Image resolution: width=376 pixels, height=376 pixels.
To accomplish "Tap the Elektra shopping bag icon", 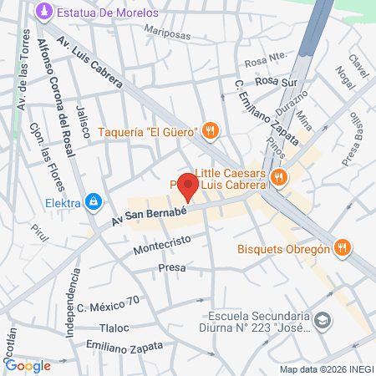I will pyautogui.click(x=94, y=201).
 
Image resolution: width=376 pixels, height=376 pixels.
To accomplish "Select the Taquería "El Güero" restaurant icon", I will pyautogui.click(x=211, y=130).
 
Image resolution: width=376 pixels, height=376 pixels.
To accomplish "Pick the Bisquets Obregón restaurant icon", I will pyautogui.click(x=341, y=247).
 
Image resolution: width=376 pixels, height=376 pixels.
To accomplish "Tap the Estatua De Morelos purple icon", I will pyautogui.click(x=43, y=13).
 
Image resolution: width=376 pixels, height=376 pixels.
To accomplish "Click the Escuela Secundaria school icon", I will pyautogui.click(x=324, y=320).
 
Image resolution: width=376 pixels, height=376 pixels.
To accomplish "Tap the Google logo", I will pyautogui.click(x=28, y=364).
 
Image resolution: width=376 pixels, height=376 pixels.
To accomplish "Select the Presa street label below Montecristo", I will pyautogui.click(x=170, y=269).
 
